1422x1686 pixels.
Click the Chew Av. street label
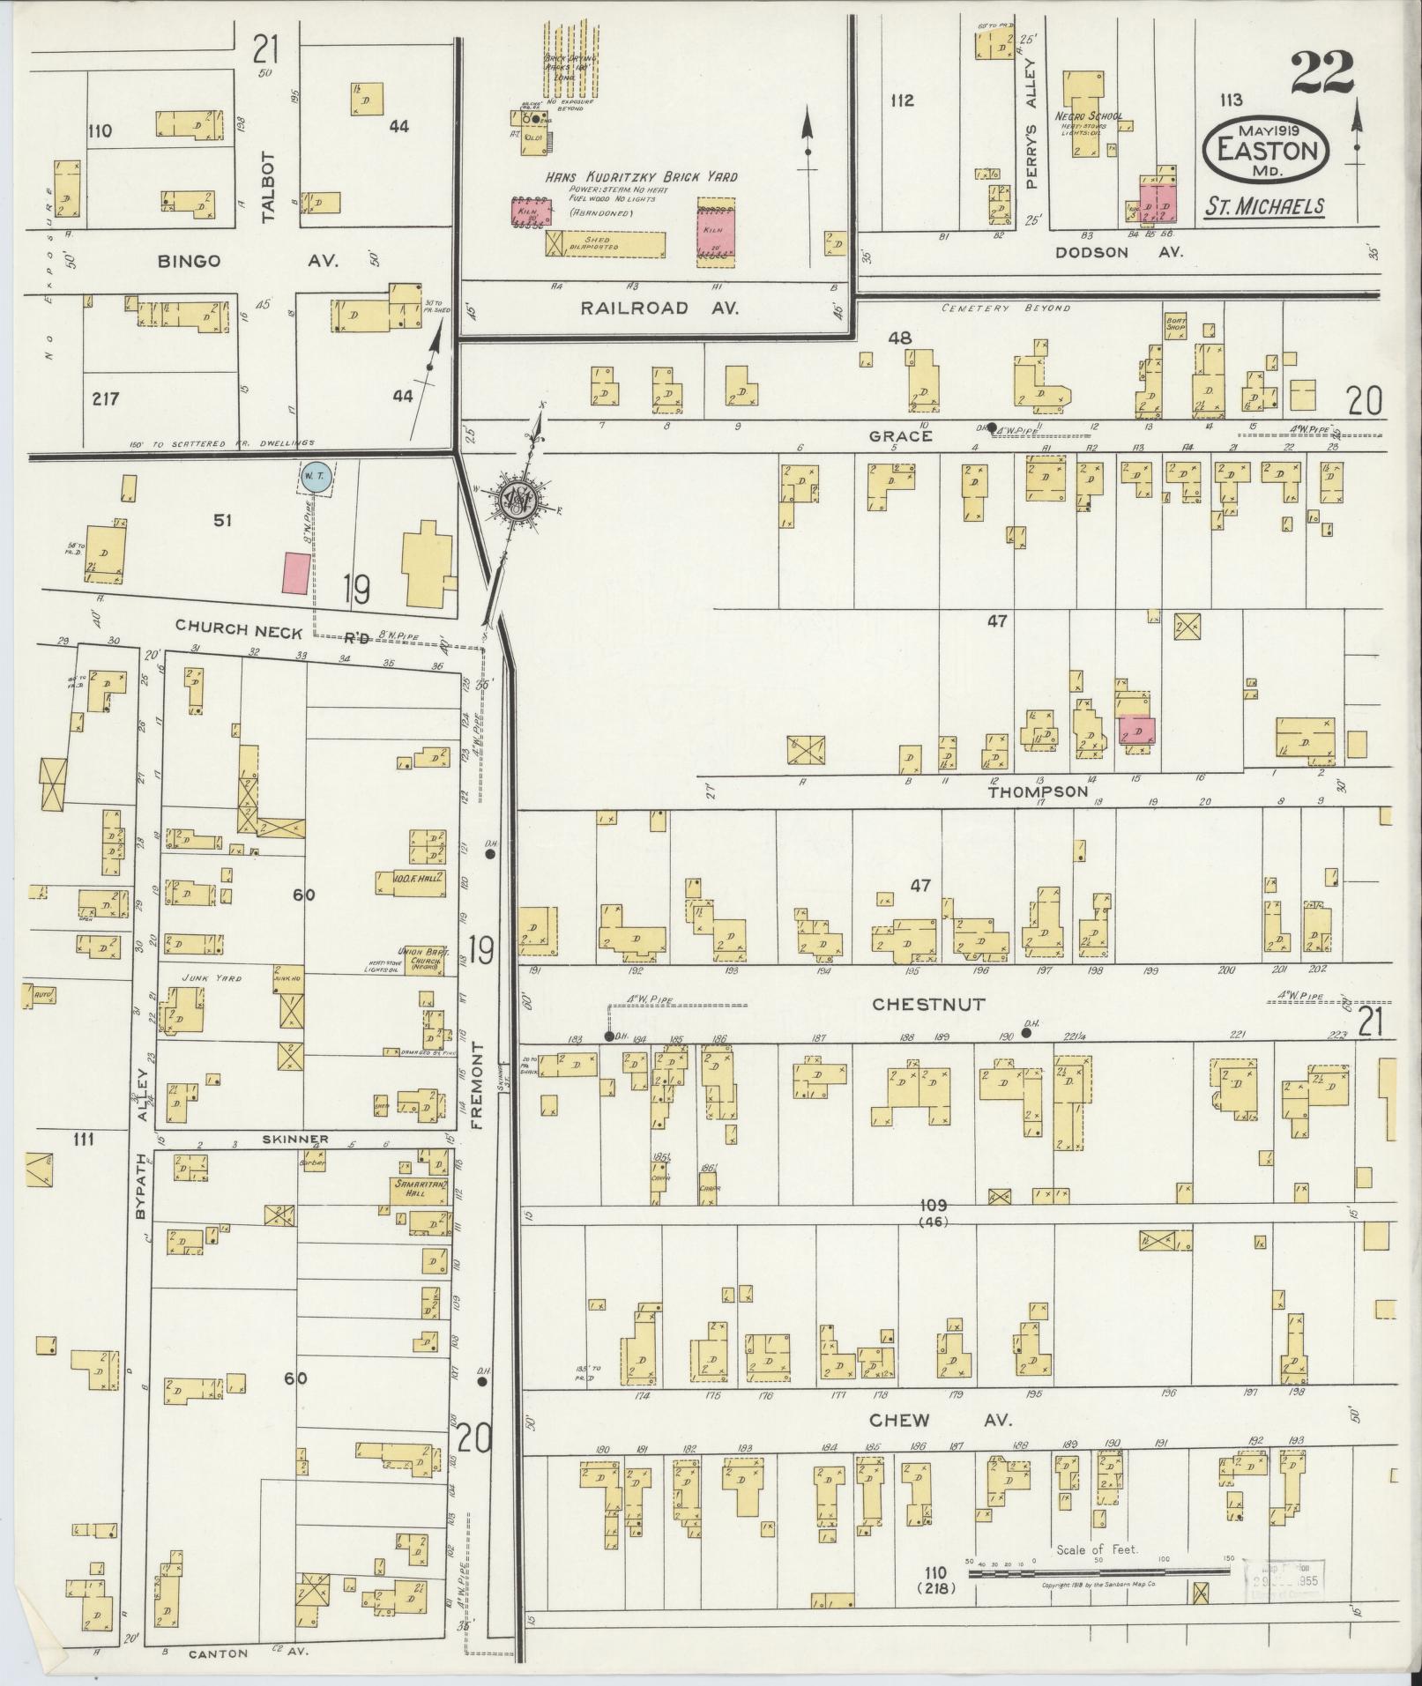pyautogui.click(x=939, y=1420)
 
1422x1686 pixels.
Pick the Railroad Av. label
pyautogui.click(x=659, y=308)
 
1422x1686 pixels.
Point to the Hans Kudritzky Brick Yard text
pyautogui.click(x=641, y=177)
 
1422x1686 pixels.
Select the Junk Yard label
pyautogui.click(x=198, y=977)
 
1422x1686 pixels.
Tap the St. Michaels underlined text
pyautogui.click(x=1264, y=206)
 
